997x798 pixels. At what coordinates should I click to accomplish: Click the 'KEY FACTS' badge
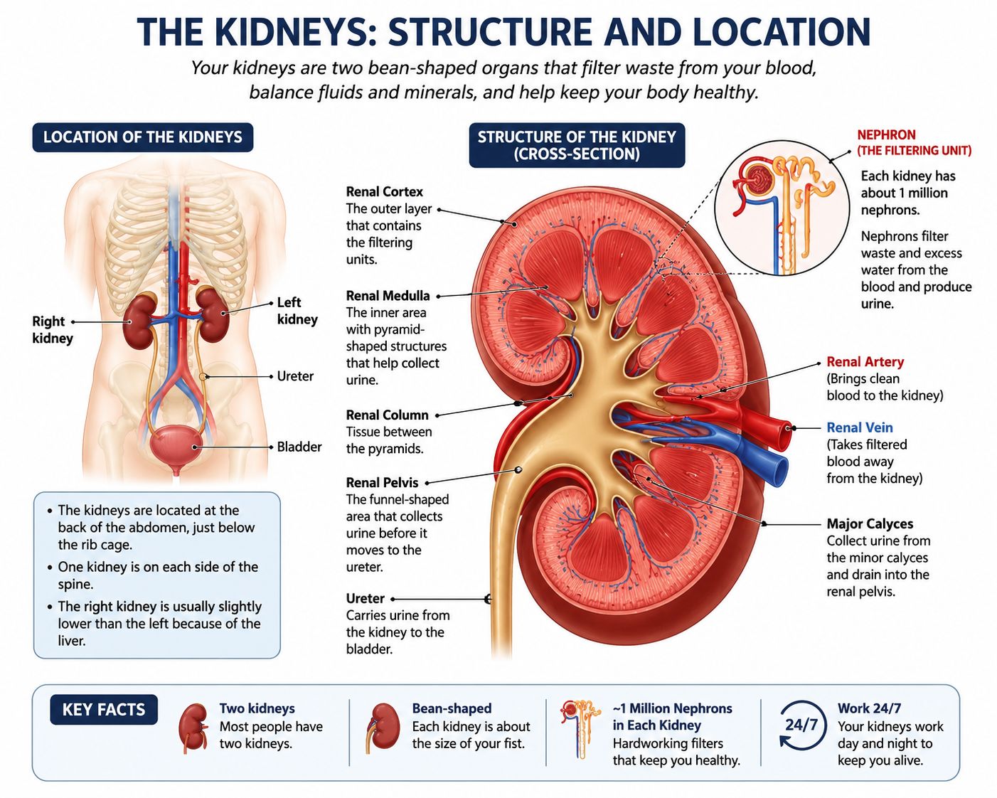tap(104, 710)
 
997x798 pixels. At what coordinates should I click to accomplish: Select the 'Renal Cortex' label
tap(385, 191)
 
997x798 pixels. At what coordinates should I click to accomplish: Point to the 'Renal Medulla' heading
tap(388, 296)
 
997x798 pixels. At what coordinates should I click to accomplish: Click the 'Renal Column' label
tap(388, 415)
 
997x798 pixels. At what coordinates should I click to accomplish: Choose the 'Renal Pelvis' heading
tap(382, 482)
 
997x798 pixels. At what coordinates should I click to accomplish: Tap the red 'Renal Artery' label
tap(865, 361)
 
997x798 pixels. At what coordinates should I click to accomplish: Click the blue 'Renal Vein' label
tap(860, 427)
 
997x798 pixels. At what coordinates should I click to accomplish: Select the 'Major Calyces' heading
tap(870, 523)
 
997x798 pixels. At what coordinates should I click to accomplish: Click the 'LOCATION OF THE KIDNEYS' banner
tap(143, 137)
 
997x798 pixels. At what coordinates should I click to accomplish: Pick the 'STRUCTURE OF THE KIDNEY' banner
tap(577, 145)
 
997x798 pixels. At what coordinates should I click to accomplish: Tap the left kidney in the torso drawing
tap(213, 314)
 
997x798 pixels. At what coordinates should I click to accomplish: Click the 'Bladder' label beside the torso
tap(299, 447)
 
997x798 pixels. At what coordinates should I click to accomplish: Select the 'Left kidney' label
tap(297, 311)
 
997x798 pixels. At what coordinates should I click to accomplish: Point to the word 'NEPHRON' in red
tap(886, 135)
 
